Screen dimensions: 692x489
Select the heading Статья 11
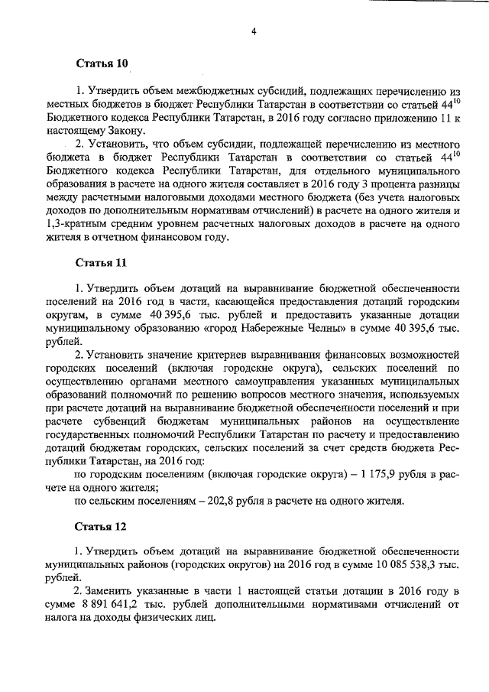click(x=102, y=262)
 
